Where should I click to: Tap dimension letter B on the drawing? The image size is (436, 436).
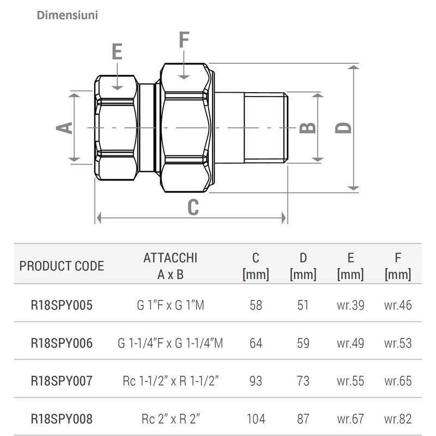point(308,127)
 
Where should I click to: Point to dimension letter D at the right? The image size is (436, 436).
point(343,127)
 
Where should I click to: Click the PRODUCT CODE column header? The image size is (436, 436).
point(62,267)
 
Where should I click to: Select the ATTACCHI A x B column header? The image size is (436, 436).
point(170,266)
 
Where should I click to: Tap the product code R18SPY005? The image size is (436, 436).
point(62,305)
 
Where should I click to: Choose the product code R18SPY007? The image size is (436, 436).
point(62,381)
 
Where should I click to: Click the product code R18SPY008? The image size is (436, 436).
point(62,419)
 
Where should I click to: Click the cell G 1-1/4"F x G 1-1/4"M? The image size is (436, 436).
point(170,343)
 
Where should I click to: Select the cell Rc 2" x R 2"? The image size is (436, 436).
point(170,419)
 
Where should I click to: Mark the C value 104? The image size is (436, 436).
point(256,419)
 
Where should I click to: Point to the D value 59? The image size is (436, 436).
point(304,343)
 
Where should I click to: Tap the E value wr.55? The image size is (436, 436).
point(350,381)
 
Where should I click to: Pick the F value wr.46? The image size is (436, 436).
point(398,305)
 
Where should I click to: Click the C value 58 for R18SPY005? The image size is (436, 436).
point(256,305)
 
